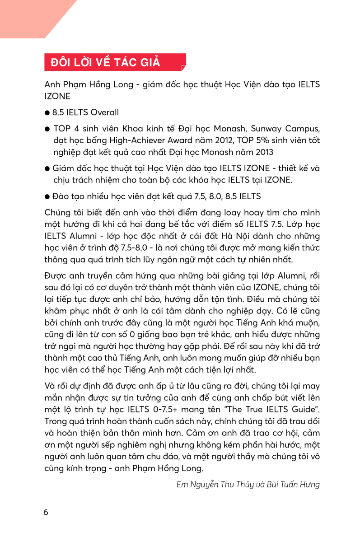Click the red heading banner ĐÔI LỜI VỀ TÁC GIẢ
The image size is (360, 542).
click(x=115, y=62)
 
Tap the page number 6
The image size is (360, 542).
click(x=46, y=512)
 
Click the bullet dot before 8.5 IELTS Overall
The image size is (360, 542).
click(x=47, y=112)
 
